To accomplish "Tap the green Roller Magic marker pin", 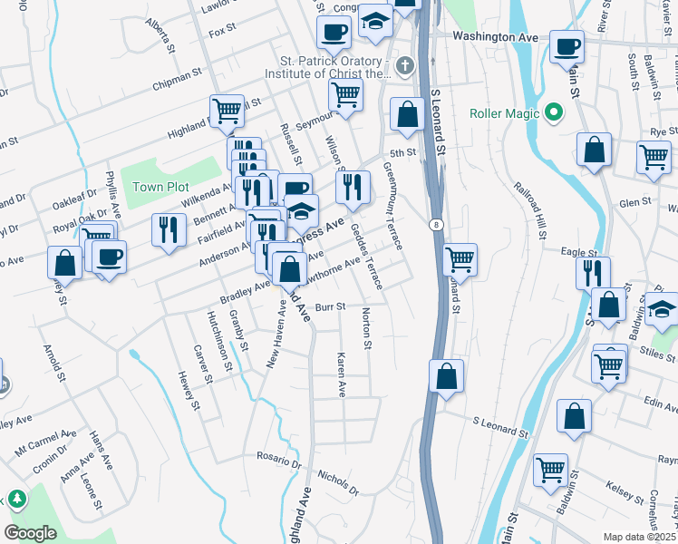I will [x=554, y=114].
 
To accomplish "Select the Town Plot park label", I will [x=159, y=187].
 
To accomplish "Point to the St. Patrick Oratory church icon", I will [x=404, y=65].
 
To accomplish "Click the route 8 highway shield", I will [x=437, y=224].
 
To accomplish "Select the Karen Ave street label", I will [x=342, y=375].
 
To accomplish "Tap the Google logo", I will [x=30, y=532].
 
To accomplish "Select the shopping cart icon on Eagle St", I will [x=460, y=259].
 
